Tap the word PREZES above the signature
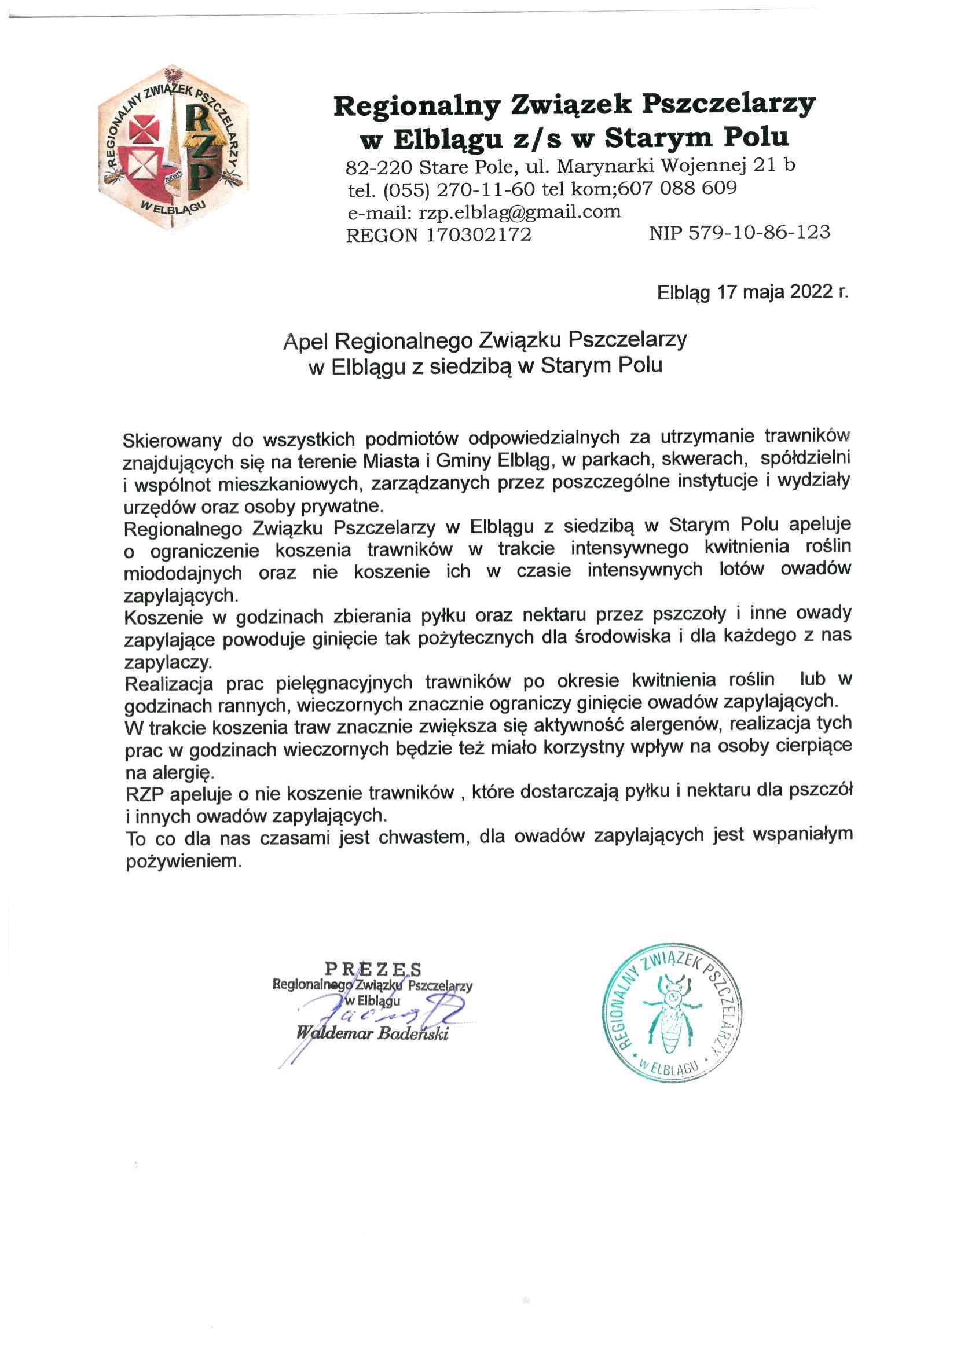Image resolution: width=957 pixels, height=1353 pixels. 373,968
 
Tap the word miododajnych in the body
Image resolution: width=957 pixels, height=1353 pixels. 184,572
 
